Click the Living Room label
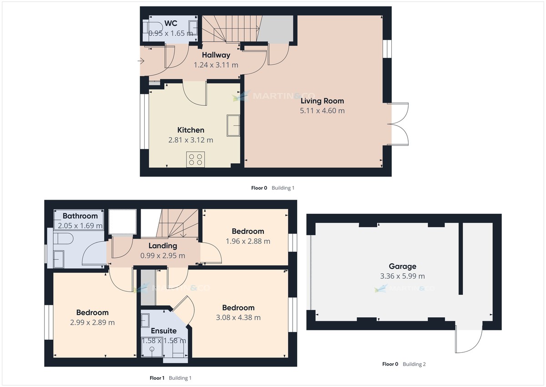(x=322, y=101)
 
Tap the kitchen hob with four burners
(x=196, y=159)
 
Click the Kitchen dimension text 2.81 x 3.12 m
(x=190, y=140)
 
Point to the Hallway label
(x=216, y=55)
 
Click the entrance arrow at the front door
(x=142, y=61)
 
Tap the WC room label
(x=171, y=23)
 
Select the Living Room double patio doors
(x=399, y=124)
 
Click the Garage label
(x=402, y=266)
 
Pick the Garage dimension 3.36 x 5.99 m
(x=402, y=276)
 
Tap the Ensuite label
(x=163, y=330)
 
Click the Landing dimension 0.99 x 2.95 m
(x=163, y=256)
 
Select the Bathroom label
(x=80, y=216)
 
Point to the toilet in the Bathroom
(x=62, y=239)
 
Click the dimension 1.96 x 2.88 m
(x=248, y=241)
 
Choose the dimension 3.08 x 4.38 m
(x=238, y=318)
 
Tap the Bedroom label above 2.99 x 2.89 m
(x=92, y=313)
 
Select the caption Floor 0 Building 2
(x=404, y=364)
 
